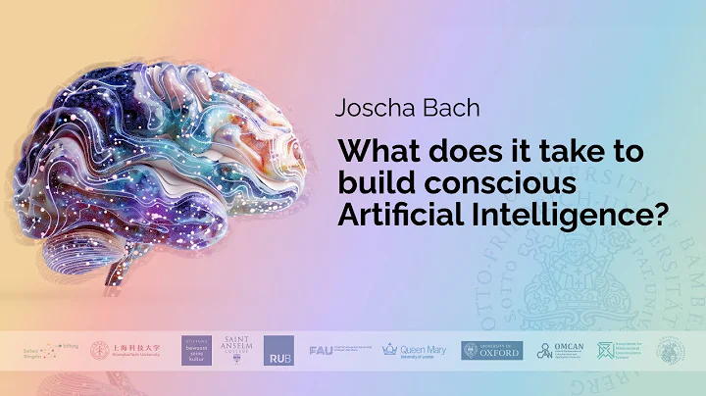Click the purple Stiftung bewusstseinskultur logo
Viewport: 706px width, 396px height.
click(x=195, y=350)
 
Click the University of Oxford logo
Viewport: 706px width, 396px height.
click(x=492, y=350)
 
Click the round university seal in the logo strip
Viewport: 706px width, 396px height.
click(x=671, y=350)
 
